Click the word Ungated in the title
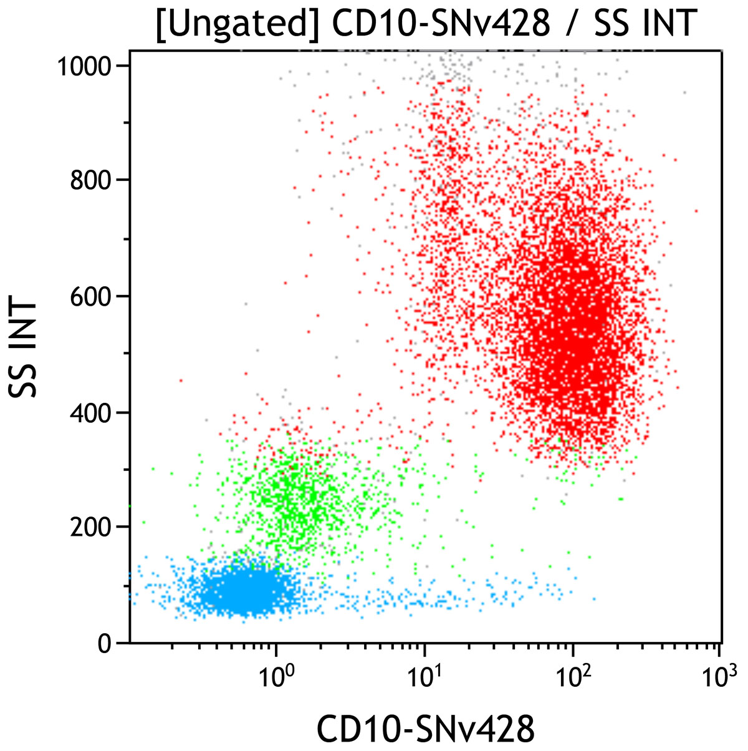[x=240, y=24]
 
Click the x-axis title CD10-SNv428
[x=426, y=727]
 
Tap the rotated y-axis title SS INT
[x=24, y=349]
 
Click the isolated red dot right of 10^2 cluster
[x=696, y=211]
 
